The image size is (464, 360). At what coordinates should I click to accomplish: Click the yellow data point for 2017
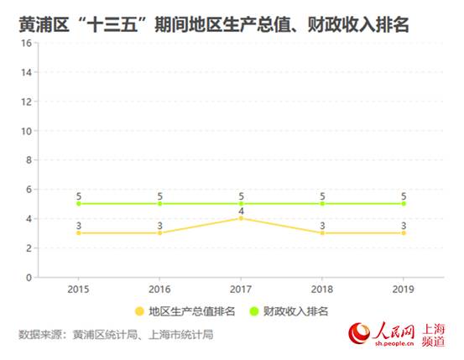point(241,218)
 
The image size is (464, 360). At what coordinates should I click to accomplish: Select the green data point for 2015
point(79,203)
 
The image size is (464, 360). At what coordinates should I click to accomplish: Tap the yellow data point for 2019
point(404,232)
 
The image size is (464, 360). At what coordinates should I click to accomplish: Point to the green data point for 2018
point(322,203)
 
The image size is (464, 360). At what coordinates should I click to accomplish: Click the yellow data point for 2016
point(160,232)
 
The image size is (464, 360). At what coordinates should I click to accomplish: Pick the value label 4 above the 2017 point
point(241,210)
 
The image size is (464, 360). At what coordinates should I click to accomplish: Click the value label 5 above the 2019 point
point(404,196)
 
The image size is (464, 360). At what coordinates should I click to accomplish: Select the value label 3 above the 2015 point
point(79,225)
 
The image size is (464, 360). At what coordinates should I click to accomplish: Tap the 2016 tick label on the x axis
point(160,290)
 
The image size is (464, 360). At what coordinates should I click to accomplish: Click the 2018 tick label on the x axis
point(322,290)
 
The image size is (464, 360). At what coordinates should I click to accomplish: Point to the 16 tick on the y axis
point(27,44)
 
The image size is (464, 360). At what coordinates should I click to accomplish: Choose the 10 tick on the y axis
point(27,131)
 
